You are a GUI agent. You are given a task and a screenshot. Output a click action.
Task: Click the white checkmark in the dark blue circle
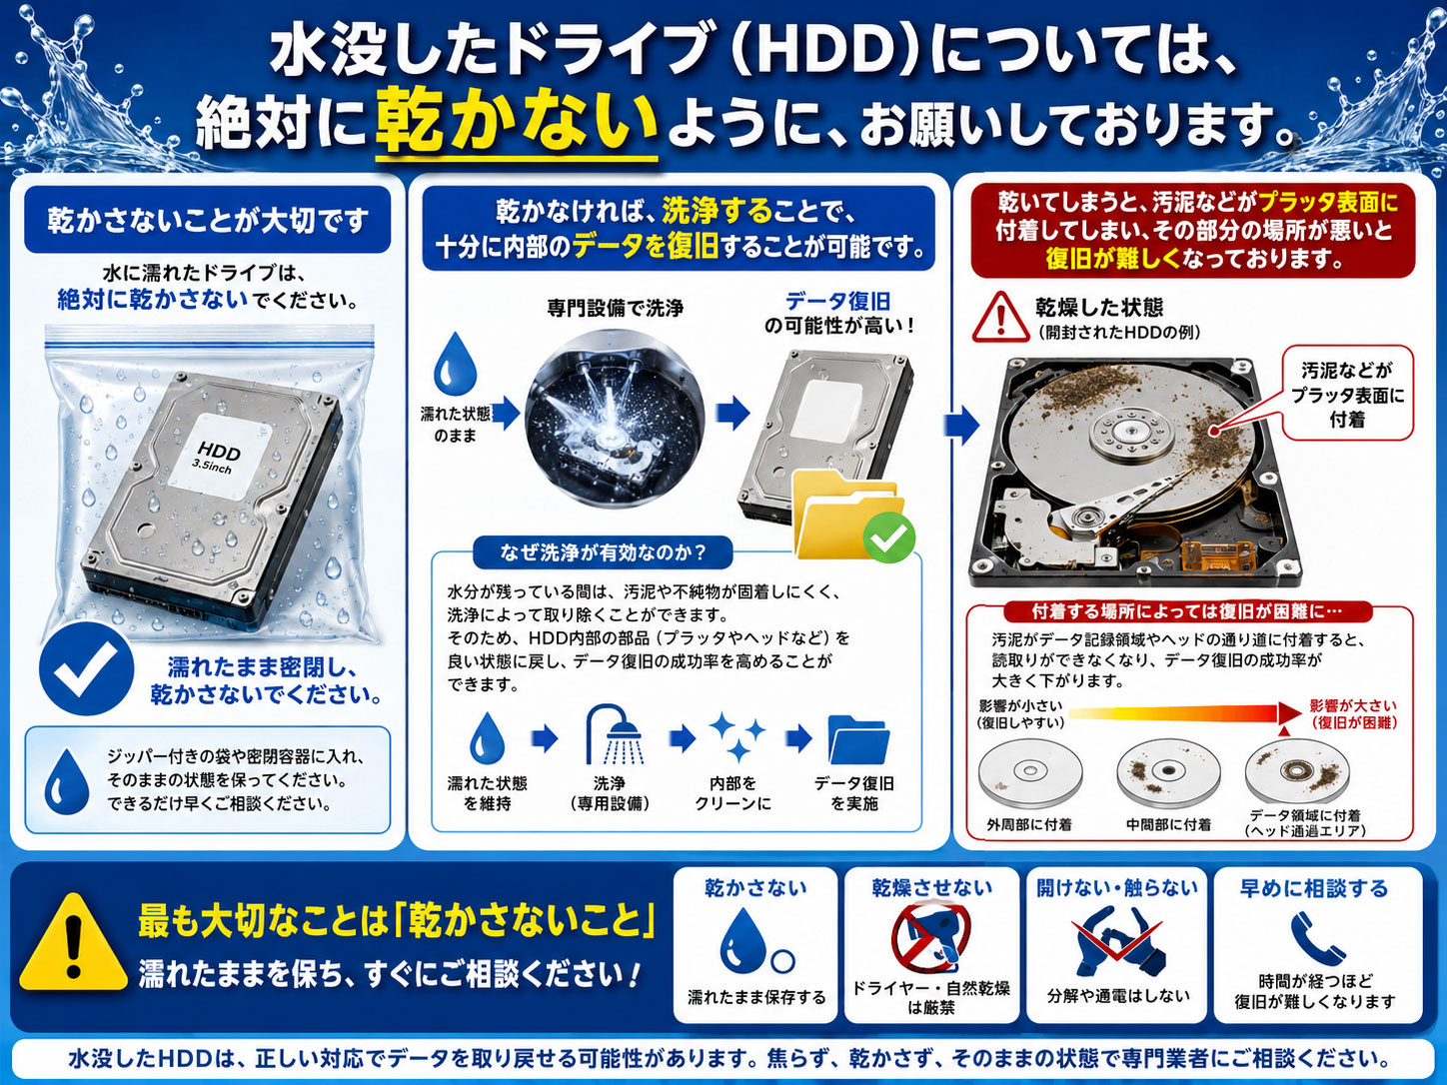tap(86, 668)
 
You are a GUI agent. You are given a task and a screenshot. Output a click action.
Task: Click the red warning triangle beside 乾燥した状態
tap(1001, 317)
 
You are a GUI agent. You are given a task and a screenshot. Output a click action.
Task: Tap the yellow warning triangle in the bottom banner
tap(74, 943)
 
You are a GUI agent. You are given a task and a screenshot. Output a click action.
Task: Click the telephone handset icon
tap(1316, 938)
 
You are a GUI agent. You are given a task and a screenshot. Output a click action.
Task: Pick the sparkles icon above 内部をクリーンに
tap(736, 736)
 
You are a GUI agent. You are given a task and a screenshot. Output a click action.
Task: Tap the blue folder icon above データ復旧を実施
tap(858, 739)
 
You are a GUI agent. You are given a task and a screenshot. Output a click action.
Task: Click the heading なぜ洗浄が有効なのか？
tap(603, 552)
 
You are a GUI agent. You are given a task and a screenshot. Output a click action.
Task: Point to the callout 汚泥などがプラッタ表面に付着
tap(1347, 394)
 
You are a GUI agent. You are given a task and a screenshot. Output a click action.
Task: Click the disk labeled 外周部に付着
tap(1030, 773)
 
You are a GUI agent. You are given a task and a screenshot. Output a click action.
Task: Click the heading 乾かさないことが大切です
tap(208, 221)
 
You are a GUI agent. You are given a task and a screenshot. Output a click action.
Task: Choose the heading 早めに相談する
tap(1314, 888)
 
